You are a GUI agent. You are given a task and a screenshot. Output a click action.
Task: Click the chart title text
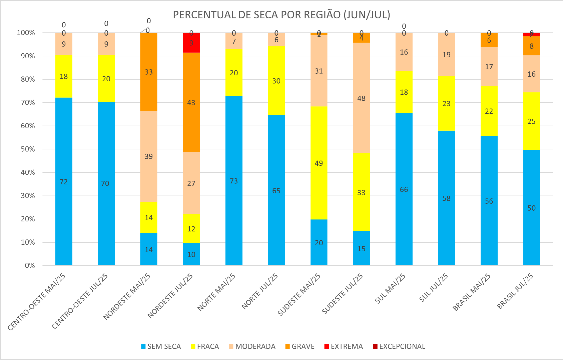point(281,15)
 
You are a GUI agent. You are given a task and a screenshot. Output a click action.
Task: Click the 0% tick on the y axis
point(30,266)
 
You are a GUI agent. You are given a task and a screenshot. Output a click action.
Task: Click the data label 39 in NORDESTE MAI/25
point(149,156)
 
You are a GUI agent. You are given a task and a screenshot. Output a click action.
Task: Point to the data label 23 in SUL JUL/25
point(446,104)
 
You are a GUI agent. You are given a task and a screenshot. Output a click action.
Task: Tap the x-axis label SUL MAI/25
point(390,288)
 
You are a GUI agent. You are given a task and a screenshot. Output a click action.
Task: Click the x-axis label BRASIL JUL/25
point(515,291)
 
